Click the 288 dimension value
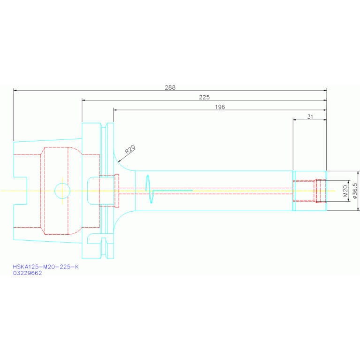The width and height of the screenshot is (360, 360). pyautogui.click(x=170, y=87)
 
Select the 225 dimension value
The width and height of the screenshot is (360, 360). pyautogui.click(x=204, y=97)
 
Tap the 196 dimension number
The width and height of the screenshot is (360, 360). pyautogui.click(x=220, y=107)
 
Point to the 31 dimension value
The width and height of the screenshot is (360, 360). pyautogui.click(x=310, y=117)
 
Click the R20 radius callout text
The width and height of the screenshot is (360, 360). pyautogui.click(x=130, y=150)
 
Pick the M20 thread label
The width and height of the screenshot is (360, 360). pyautogui.click(x=345, y=191)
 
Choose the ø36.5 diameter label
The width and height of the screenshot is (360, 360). pyautogui.click(x=355, y=191)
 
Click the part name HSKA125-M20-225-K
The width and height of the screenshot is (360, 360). pyautogui.click(x=46, y=267)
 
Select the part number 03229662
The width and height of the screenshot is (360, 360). pyautogui.click(x=28, y=273)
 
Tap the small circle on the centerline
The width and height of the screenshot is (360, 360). pyautogui.click(x=62, y=190)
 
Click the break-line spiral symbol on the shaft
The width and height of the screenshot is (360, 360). pyautogui.click(x=149, y=190)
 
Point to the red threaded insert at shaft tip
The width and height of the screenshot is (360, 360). pyautogui.click(x=321, y=191)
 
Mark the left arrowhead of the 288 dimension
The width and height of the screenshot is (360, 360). pyautogui.click(x=15, y=90)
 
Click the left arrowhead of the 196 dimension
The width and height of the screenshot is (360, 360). pyautogui.click(x=115, y=110)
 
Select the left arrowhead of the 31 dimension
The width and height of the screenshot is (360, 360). pyautogui.click(x=294, y=120)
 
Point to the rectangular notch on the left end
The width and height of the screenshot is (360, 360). pyautogui.click(x=20, y=191)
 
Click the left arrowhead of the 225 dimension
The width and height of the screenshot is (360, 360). pyautogui.click(x=84, y=100)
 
